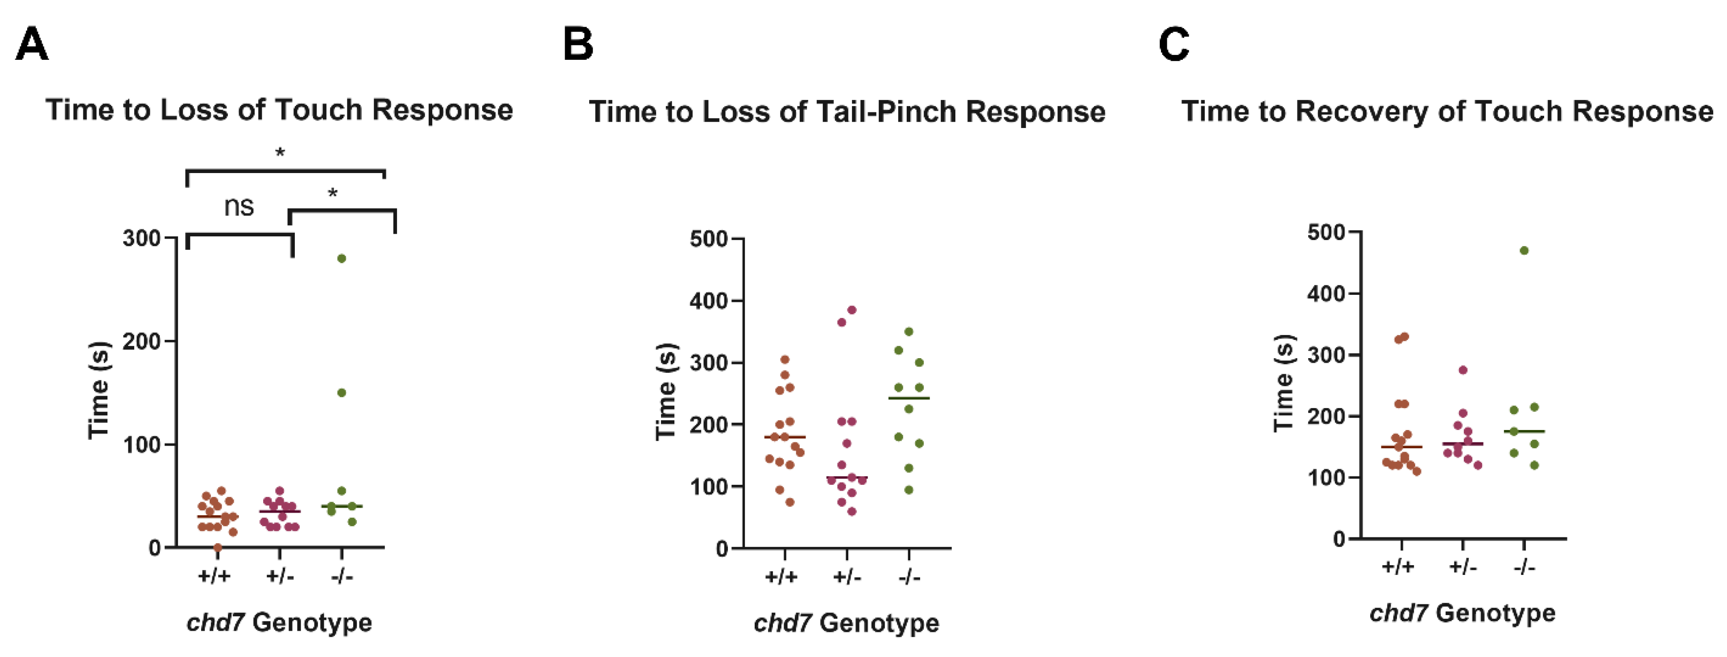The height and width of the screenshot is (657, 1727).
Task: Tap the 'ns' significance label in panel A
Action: click(239, 206)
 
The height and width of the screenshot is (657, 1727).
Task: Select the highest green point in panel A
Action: click(341, 259)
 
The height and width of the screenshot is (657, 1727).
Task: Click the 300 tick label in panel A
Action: click(141, 238)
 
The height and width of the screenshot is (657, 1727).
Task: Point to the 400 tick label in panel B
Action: click(709, 301)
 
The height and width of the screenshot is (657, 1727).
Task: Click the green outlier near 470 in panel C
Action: click(1524, 251)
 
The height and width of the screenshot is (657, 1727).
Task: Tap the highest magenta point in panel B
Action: click(852, 310)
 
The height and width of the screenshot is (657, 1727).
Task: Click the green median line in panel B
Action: click(909, 398)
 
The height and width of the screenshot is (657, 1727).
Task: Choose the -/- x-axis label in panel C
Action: click(1524, 567)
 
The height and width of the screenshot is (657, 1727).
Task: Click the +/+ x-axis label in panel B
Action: click(781, 577)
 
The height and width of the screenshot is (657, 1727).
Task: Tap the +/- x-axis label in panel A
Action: click(280, 576)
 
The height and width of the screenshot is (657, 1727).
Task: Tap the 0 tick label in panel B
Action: click(722, 549)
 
